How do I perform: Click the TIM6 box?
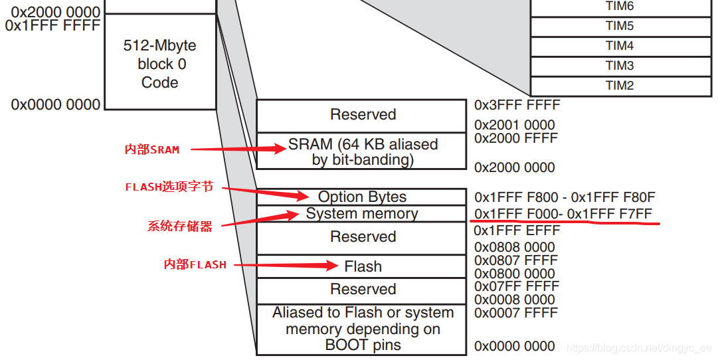tap(619, 7)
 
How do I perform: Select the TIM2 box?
tap(619, 86)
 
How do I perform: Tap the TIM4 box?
tap(619, 46)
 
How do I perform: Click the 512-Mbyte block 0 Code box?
tap(160, 64)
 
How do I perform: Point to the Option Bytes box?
tap(362, 197)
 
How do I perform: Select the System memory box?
tap(362, 214)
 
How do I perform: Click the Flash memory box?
tap(363, 266)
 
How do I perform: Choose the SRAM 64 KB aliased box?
tap(363, 151)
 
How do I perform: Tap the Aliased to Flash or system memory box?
tap(363, 329)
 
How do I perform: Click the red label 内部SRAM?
tap(152, 149)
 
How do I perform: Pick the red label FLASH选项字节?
tap(169, 187)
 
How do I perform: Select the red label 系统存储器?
tap(180, 226)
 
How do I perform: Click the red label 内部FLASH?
tap(195, 264)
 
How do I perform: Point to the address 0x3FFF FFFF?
tap(517, 105)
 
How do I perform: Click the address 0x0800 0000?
tap(514, 274)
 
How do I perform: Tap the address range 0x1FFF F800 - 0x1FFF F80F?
tap(565, 197)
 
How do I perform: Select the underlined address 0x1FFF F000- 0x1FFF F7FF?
tap(563, 214)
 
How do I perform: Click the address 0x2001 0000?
tap(514, 125)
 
